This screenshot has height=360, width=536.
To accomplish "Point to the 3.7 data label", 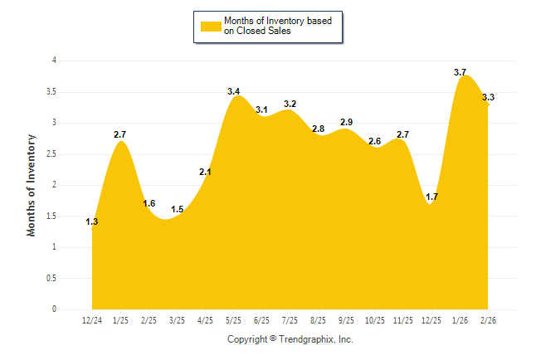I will [460, 72].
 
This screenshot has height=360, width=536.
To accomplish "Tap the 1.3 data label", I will [92, 221].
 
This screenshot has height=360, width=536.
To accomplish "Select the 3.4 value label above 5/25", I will [234, 90].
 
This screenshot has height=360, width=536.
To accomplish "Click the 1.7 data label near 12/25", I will [431, 197].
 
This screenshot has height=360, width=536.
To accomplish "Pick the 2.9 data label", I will [346, 122].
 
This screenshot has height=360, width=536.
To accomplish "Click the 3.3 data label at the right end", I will [489, 97].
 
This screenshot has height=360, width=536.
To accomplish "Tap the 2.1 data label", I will [206, 172].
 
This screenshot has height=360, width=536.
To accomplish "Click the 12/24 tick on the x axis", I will [92, 320].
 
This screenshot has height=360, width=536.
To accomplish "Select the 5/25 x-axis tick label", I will [233, 320].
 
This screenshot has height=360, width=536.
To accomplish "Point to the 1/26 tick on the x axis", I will [460, 320].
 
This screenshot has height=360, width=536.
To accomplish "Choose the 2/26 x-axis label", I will [488, 320].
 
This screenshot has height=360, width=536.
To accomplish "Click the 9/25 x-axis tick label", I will [346, 320].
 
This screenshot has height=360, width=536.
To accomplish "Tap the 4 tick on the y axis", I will [54, 61].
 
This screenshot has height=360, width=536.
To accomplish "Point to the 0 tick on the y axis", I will [54, 309].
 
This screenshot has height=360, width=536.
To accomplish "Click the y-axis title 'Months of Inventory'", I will [32, 185].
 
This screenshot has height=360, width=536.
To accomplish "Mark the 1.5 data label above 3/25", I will [177, 209].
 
